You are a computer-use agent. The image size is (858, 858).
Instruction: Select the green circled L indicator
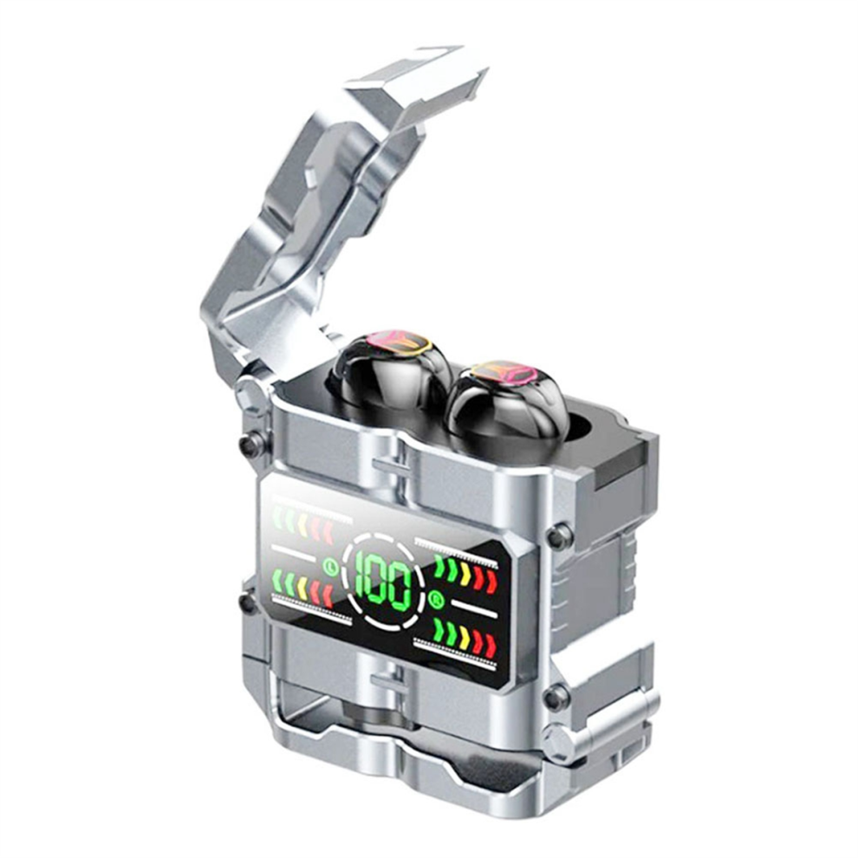pyautogui.click(x=329, y=566)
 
